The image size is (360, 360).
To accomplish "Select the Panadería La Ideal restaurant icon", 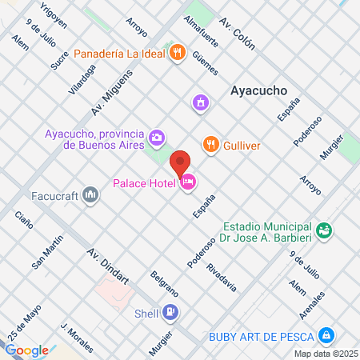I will point(177,54).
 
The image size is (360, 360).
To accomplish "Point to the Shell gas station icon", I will point(169,312).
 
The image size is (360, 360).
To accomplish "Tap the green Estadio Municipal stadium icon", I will point(324,231).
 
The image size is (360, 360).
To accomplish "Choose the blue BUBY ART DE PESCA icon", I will point(326,334).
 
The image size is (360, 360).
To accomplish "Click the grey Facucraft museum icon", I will point(90,194).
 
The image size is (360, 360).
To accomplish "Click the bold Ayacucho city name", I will point(258,90).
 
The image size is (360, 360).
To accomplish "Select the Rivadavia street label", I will point(221,276).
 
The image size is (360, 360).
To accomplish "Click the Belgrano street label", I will point(163,286).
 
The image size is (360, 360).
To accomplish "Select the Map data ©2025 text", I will point(326,353).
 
